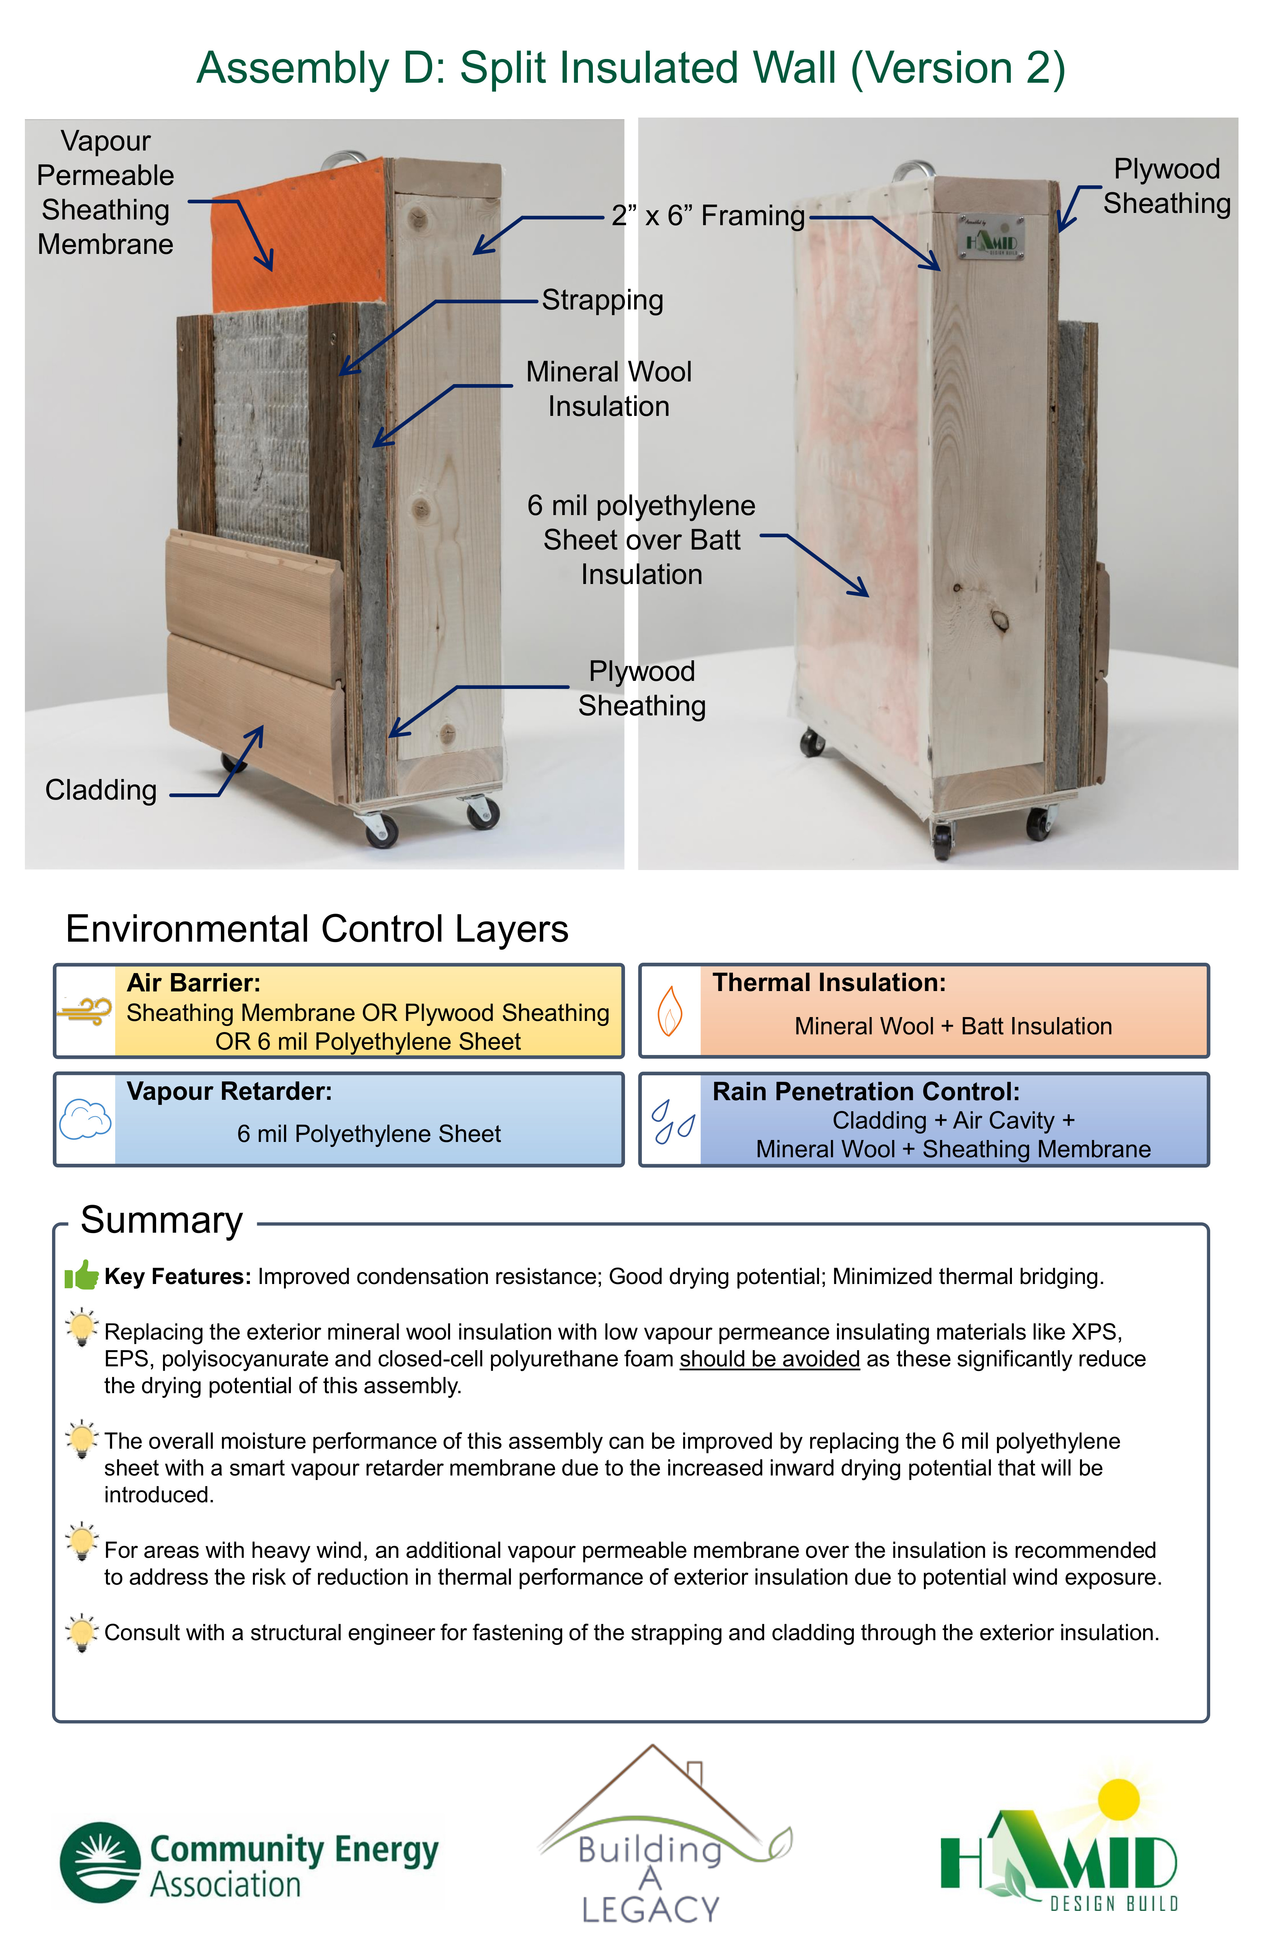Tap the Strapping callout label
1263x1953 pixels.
click(x=603, y=300)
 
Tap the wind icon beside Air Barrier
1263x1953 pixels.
click(x=85, y=1011)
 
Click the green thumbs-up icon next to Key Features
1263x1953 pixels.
click(x=81, y=1274)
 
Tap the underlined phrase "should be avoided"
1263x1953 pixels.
click(x=769, y=1359)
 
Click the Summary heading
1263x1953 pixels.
click(x=162, y=1220)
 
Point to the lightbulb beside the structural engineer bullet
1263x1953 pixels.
click(x=81, y=1632)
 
